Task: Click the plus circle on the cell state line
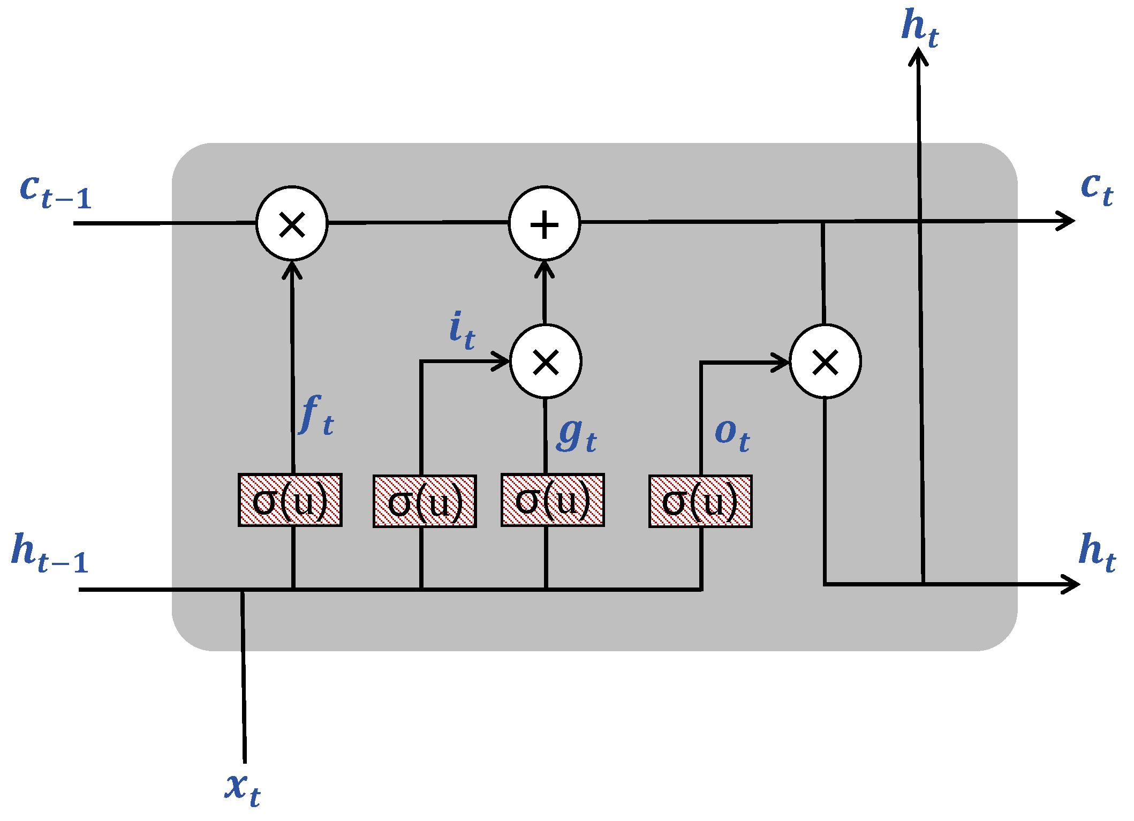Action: [544, 224]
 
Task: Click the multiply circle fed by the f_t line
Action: [292, 224]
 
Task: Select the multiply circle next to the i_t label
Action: [546, 362]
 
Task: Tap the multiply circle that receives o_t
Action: [825, 362]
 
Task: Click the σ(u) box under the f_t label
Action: [290, 500]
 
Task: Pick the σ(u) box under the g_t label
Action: [553, 500]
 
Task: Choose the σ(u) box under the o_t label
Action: [700, 501]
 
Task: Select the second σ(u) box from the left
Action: [425, 501]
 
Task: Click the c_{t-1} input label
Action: [56, 192]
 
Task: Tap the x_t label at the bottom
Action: [243, 789]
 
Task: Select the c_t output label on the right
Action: [1097, 189]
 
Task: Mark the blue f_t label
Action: [317, 415]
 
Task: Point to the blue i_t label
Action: [462, 330]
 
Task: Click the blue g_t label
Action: [576, 435]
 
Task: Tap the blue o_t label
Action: [732, 435]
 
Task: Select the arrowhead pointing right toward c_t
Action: [1068, 221]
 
